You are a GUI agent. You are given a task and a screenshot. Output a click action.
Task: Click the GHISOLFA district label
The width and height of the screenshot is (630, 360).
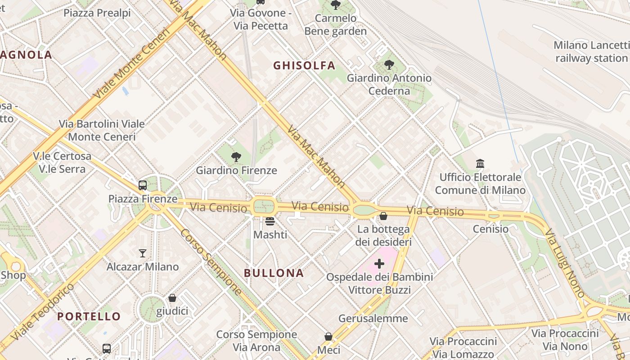point(304,66)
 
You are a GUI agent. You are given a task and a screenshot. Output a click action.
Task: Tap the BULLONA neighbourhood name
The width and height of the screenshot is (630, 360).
point(274,273)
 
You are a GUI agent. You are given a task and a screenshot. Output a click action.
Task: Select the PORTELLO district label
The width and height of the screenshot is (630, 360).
point(89,316)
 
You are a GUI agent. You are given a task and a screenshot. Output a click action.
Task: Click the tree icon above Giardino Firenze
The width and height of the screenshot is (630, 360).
point(236,157)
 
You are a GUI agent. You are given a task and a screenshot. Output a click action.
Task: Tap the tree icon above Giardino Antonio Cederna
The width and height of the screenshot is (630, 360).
point(389,65)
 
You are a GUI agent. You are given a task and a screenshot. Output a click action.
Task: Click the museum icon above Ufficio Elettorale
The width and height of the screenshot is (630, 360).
point(480,163)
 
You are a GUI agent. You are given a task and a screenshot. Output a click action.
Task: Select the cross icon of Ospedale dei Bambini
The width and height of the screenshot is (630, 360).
point(379,263)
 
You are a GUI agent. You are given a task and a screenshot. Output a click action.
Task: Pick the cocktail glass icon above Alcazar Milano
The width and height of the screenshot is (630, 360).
point(143,253)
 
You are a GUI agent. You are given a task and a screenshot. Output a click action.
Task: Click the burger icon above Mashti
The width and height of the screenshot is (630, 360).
point(270,221)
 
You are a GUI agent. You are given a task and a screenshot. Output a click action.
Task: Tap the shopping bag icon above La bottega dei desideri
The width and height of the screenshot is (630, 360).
point(383,216)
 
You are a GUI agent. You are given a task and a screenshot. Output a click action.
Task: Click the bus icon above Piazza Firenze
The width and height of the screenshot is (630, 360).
point(143,185)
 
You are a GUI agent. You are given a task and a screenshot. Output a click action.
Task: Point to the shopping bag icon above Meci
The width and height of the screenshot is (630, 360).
point(328,337)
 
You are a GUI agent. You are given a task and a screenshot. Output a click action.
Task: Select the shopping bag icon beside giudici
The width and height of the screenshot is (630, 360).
point(172,298)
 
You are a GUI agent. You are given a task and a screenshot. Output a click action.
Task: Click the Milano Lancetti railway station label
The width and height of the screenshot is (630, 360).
point(591,52)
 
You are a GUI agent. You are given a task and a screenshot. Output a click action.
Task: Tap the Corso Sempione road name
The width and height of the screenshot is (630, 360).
point(211,262)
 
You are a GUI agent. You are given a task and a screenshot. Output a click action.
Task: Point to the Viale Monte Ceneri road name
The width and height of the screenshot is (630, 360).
point(131,63)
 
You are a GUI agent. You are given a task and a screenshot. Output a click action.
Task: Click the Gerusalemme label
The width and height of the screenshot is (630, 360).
point(373,319)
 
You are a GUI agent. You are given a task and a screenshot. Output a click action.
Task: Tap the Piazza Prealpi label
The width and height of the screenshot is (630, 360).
point(97,13)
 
